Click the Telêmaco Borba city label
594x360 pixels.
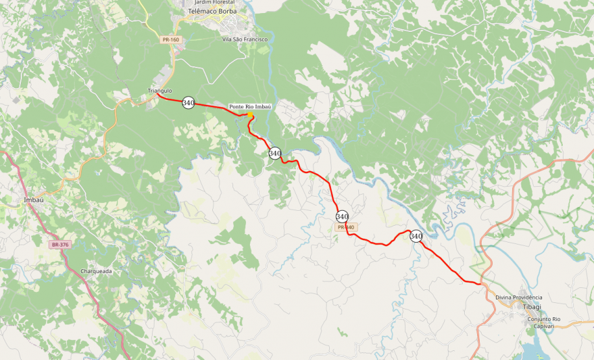point(212,12)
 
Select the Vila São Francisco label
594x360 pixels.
point(245,40)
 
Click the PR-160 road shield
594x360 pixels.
point(171,40)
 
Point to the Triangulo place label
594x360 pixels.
point(160,91)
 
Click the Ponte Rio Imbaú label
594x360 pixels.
point(249,106)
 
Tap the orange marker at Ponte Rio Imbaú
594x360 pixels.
point(250,115)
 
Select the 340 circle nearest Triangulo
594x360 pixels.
point(188,102)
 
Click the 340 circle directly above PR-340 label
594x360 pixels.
point(342,216)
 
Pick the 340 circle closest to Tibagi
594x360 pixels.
point(416,236)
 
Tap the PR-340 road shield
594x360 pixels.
point(346,228)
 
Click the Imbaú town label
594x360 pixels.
point(33,200)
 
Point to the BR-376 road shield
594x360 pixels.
point(60,245)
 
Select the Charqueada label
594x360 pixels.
point(96,271)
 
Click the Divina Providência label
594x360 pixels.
point(519,297)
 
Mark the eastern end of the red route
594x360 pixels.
point(480,283)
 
